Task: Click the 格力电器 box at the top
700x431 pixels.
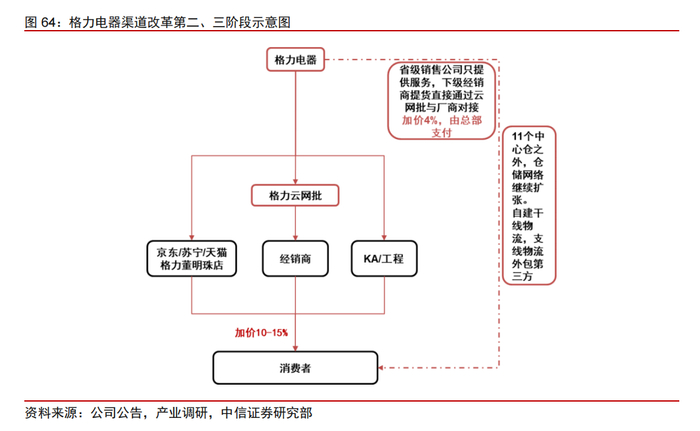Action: pyautogui.click(x=295, y=59)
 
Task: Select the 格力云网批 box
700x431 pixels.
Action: pyautogui.click(x=295, y=196)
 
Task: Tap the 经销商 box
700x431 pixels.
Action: pyautogui.click(x=295, y=259)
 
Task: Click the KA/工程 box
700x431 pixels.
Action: pyautogui.click(x=384, y=259)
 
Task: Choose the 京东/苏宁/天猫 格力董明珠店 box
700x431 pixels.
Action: pyautogui.click(x=192, y=259)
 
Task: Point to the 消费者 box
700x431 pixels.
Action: pyautogui.click(x=295, y=368)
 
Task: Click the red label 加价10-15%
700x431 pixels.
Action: pyautogui.click(x=262, y=333)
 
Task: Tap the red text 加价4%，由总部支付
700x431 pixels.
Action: pyautogui.click(x=442, y=126)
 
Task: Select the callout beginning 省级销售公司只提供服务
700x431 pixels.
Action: pyautogui.click(x=442, y=101)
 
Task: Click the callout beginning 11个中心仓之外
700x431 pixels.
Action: pyautogui.click(x=529, y=205)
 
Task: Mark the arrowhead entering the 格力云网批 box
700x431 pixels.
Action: pyautogui.click(x=295, y=181)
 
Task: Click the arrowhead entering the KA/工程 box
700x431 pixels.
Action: pyautogui.click(x=384, y=238)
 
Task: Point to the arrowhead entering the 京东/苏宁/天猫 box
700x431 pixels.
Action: pyautogui.click(x=192, y=238)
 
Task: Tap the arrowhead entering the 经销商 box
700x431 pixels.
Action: pyautogui.click(x=295, y=238)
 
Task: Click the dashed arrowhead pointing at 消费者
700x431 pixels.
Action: pyautogui.click(x=381, y=368)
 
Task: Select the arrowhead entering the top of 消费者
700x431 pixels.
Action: pyautogui.click(x=295, y=348)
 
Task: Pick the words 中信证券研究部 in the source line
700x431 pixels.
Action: pyautogui.click(x=267, y=413)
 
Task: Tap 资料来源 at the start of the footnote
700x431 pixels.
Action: pyautogui.click(x=51, y=413)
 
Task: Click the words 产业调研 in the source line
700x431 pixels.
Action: pyautogui.click(x=181, y=413)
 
